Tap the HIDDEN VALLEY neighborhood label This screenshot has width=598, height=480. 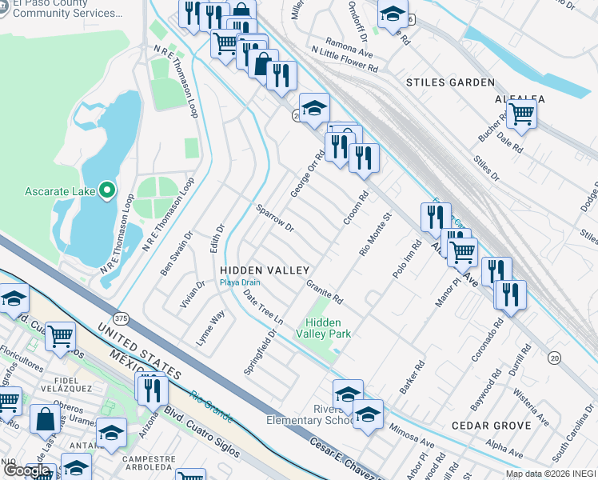click(265, 270)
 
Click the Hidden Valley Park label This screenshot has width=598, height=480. click(325, 327)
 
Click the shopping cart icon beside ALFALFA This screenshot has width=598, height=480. click(521, 114)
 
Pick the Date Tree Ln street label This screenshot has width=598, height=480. click(264, 307)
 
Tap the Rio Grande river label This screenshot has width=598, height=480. click(212, 406)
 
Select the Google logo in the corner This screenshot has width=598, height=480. click(26, 470)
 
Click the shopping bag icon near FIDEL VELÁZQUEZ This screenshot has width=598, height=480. click(45, 418)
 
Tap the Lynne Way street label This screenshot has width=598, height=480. click(210, 329)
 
